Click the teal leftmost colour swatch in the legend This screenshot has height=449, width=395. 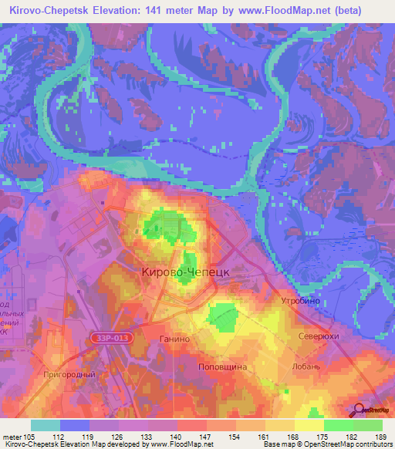pos(45,424)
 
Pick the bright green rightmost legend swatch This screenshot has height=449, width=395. pos(367,424)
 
